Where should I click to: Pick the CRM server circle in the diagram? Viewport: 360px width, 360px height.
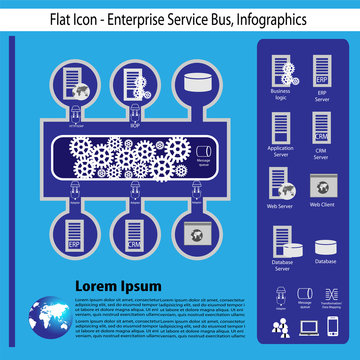click(x=134, y=232)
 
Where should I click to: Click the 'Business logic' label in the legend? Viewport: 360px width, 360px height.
click(x=280, y=95)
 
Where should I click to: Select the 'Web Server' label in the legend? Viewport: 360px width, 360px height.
click(x=280, y=205)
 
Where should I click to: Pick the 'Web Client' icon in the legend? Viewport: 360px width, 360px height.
click(x=322, y=184)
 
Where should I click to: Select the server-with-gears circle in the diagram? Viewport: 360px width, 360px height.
click(x=134, y=85)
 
